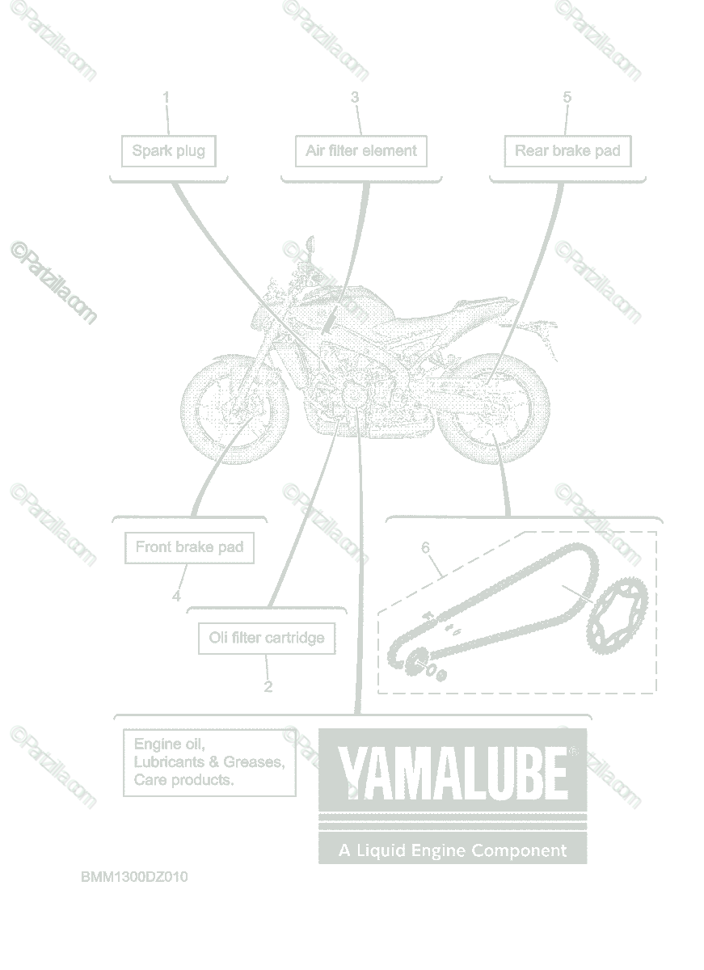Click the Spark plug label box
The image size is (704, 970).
(169, 151)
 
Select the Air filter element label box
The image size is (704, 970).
(360, 151)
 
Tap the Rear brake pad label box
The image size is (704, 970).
(567, 151)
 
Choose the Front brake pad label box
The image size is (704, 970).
(189, 547)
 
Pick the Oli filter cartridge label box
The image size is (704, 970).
(267, 638)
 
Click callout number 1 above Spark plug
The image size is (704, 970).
(167, 97)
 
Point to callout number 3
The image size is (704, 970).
(355, 97)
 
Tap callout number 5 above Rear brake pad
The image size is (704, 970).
(567, 97)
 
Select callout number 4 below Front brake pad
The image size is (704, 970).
(176, 597)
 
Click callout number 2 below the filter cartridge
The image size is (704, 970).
(268, 687)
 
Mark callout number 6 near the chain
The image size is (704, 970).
(426, 548)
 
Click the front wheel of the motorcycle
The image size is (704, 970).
(234, 407)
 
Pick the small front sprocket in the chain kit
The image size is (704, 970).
(415, 664)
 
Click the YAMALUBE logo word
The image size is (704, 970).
(452, 772)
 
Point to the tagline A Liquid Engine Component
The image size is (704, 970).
(452, 850)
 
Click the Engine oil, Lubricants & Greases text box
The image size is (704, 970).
(209, 761)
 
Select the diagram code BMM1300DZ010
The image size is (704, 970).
(134, 877)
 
